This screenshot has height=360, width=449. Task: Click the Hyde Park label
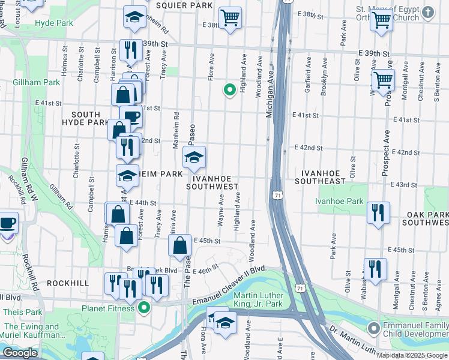click(53, 23)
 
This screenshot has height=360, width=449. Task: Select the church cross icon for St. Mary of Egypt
click(427, 11)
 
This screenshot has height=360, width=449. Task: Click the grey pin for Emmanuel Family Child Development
click(373, 328)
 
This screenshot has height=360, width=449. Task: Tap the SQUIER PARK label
click(184, 5)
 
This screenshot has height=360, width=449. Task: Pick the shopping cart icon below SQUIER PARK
click(229, 18)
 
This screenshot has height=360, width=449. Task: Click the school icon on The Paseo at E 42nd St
click(193, 158)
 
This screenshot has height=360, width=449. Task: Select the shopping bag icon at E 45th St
click(179, 245)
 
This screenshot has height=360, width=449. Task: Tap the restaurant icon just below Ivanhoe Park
click(378, 214)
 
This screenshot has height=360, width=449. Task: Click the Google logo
click(20, 353)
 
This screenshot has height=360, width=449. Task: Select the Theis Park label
click(22, 312)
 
